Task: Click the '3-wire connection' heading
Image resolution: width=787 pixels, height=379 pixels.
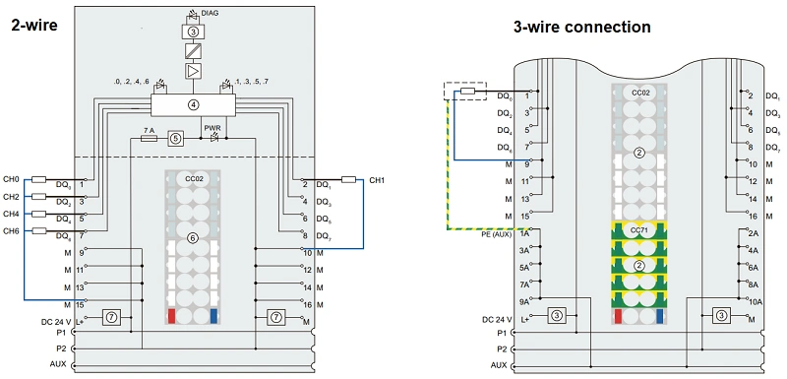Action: tap(581, 27)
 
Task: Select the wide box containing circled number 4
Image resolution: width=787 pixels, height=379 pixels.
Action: tap(193, 104)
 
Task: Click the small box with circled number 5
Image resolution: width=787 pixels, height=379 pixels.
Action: tap(176, 139)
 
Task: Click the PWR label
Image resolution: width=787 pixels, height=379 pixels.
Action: tap(212, 128)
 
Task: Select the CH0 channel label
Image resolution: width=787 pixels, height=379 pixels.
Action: tap(11, 181)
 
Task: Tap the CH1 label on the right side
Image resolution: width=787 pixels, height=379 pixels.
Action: tap(378, 181)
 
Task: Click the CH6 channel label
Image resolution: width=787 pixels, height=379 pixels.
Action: tap(11, 230)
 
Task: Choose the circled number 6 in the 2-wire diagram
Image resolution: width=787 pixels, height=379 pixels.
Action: tap(193, 238)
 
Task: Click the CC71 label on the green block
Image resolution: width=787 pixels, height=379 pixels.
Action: tap(639, 230)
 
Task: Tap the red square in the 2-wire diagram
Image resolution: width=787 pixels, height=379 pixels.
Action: tap(172, 316)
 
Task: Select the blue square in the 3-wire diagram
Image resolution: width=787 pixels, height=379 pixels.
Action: tap(658, 316)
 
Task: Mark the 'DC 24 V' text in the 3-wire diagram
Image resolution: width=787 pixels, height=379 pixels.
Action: tap(499, 319)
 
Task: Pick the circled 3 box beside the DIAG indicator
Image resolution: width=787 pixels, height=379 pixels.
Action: tap(193, 32)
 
